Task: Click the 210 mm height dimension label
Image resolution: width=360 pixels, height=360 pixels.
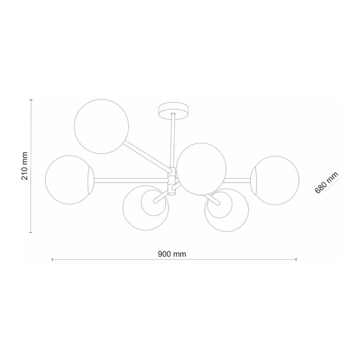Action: tap(25, 166)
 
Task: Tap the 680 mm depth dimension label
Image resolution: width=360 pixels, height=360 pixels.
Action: tap(327, 182)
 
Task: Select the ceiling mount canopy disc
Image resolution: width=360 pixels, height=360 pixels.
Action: tap(173, 110)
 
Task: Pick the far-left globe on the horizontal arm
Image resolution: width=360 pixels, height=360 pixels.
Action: tap(70, 178)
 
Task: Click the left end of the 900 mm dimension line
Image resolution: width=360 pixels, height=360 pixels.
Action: tap(53, 259)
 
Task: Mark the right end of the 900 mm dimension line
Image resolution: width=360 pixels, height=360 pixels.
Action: tap(296, 259)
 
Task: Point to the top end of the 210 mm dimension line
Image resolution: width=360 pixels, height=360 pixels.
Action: tap(31, 101)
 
